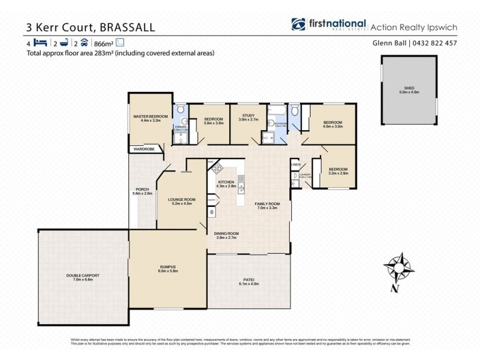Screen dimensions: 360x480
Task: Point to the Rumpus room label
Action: coord(168,269)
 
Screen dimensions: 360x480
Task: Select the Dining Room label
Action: coord(227,235)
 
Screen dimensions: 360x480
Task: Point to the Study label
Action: coord(249,117)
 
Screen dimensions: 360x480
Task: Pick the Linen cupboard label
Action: coord(295,164)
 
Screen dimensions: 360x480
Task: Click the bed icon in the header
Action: coord(40,43)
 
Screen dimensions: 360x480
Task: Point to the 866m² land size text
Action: coord(103,43)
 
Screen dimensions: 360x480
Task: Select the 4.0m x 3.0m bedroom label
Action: coord(333,124)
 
